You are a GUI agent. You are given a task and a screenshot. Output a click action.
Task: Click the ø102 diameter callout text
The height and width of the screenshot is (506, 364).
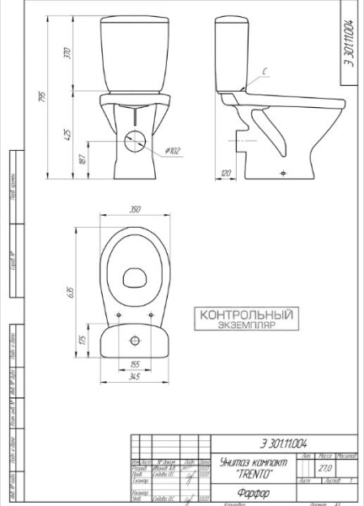172,151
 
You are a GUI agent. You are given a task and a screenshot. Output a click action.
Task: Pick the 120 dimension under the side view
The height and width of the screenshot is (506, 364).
226,173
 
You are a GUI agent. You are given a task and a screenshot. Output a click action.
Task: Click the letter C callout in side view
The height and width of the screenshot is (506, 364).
264,73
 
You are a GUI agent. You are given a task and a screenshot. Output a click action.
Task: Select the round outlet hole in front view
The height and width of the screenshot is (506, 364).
134,141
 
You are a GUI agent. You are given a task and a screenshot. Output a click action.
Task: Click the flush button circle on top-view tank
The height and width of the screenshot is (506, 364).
135,340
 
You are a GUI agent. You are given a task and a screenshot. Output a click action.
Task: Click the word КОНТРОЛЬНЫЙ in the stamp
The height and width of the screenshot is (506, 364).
245,315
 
